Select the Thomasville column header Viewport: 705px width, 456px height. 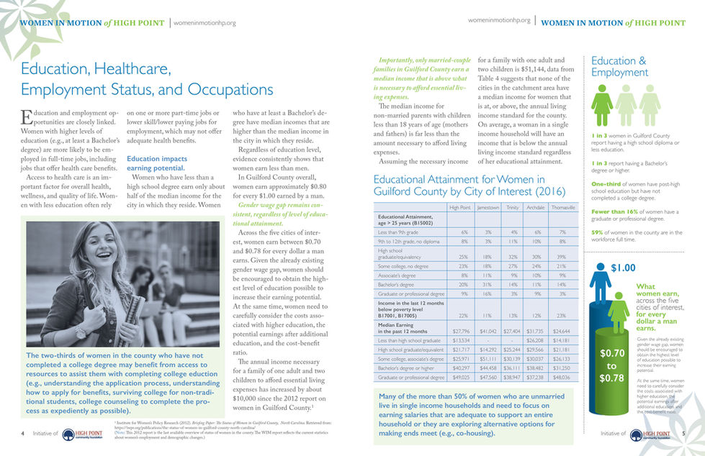coord(562,208)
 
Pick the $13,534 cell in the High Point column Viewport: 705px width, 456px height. coord(459,339)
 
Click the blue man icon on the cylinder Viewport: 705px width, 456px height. coord(599,288)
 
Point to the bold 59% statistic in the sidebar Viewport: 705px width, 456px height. coord(597,232)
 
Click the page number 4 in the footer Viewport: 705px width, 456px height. coord(23,434)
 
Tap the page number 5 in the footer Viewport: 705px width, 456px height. coord(683,434)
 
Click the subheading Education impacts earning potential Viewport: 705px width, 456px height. coord(156,163)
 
